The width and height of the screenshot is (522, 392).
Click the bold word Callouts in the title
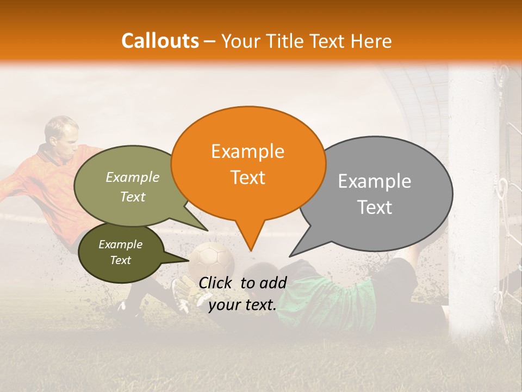point(160,41)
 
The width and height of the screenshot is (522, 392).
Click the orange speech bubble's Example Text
point(248,164)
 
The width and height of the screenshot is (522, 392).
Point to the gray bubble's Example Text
point(375,194)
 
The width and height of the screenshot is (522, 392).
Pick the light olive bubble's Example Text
point(133,187)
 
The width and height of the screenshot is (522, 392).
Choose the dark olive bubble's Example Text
point(121,252)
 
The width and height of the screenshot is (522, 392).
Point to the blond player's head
point(61,133)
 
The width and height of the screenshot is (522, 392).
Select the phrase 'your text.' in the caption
point(243,305)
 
